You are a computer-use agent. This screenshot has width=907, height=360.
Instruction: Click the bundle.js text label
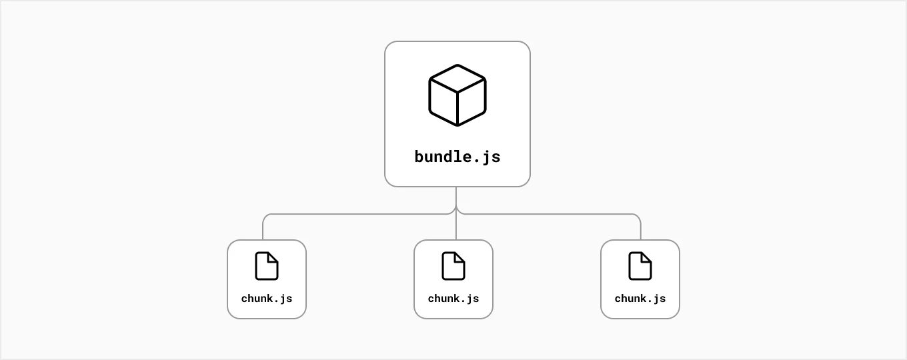click(x=457, y=157)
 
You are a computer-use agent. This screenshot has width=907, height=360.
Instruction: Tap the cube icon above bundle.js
click(x=457, y=95)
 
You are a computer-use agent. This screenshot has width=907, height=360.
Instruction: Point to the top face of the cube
click(x=457, y=78)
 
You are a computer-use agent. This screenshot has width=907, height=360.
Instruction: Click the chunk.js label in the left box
click(x=267, y=299)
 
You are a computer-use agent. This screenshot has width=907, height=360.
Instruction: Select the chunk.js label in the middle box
click(x=453, y=299)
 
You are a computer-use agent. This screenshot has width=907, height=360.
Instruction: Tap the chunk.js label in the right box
click(x=640, y=299)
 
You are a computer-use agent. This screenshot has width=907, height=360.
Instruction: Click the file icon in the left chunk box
click(x=267, y=266)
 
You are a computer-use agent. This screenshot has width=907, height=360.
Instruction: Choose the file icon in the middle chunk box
click(x=453, y=266)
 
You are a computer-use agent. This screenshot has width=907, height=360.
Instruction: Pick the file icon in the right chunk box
click(x=640, y=266)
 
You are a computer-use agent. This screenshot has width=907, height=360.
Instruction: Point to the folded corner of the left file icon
click(x=273, y=258)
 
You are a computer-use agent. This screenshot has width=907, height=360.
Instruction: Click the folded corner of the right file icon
click(x=646, y=258)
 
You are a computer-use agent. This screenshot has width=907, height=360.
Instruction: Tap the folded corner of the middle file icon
click(x=459, y=258)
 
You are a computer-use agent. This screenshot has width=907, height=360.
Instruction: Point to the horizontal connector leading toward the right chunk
click(x=548, y=214)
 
